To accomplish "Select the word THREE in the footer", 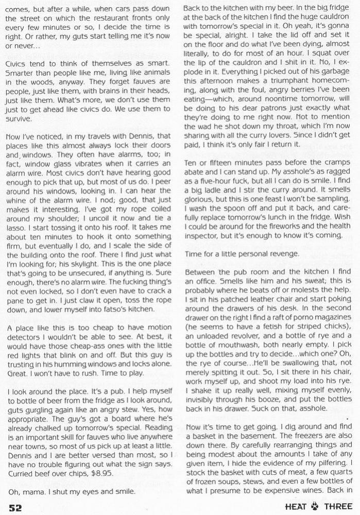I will click(338, 506).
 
